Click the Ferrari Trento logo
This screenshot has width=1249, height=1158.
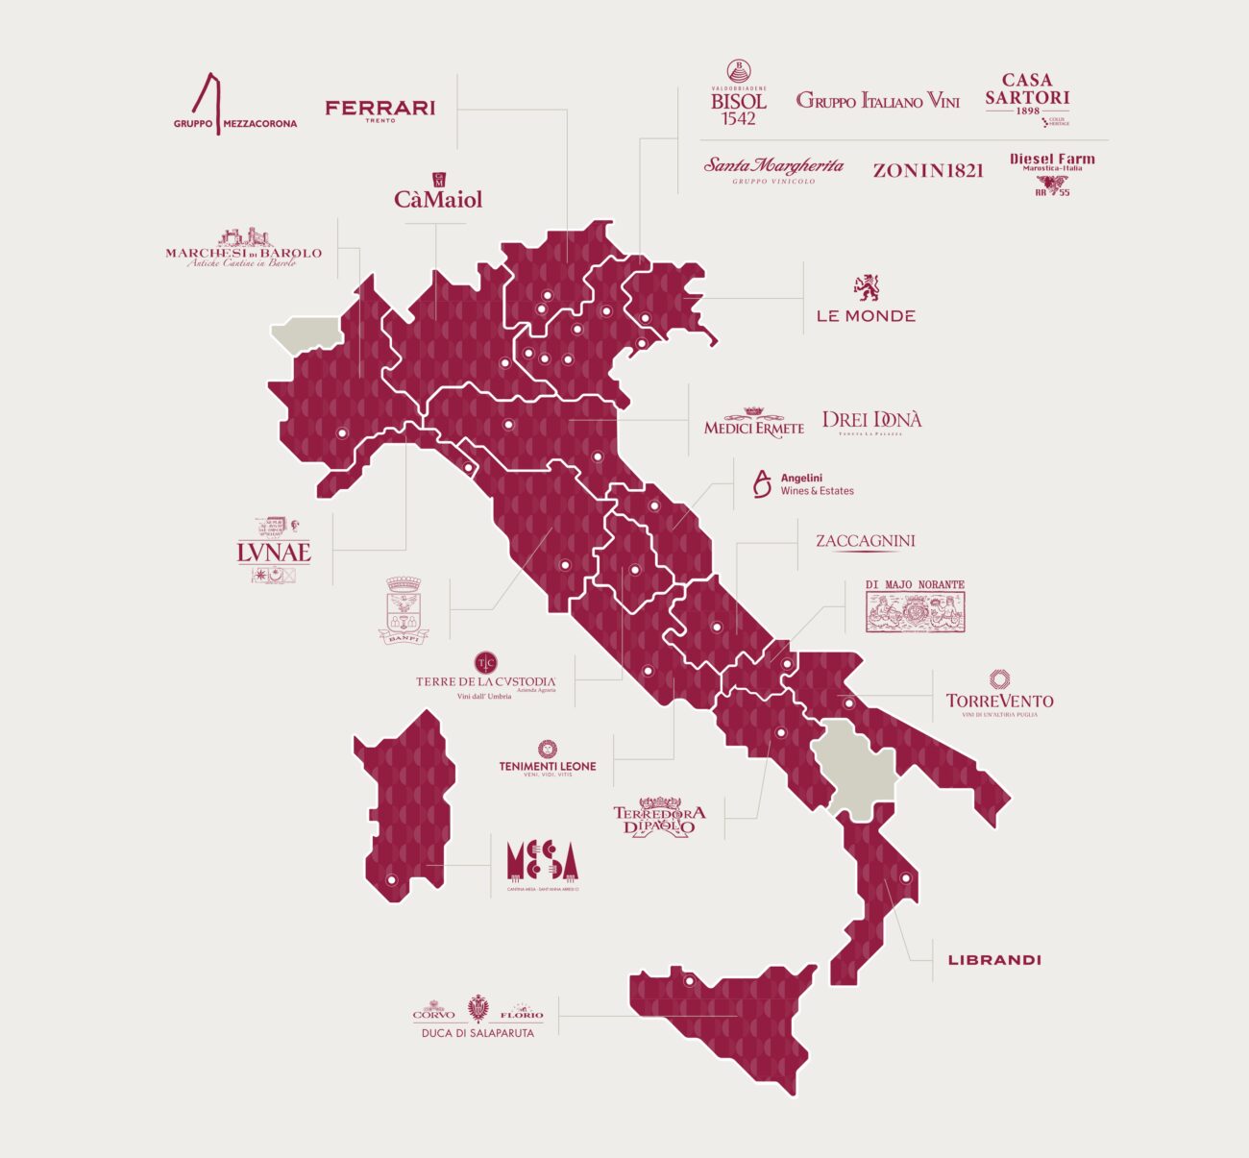380,110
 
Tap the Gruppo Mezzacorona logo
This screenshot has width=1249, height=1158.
233,106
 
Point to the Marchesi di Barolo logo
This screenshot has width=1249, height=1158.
243,249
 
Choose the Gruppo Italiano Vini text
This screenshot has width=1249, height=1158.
877,100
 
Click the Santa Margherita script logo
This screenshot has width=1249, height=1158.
773,168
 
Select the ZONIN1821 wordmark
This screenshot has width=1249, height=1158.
928,170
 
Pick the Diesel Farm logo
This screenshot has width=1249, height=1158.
1052,173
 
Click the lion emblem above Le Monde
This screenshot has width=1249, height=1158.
867,286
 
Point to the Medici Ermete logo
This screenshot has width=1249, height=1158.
754,423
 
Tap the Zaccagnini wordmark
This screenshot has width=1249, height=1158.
865,541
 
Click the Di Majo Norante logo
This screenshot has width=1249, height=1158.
915,605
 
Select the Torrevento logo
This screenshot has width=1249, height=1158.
999,694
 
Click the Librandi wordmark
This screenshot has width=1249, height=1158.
994,960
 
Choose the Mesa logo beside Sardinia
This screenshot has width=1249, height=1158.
543,862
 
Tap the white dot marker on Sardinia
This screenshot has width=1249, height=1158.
391,879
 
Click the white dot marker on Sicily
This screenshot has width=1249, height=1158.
689,981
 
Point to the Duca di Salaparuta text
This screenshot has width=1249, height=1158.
478,1033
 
